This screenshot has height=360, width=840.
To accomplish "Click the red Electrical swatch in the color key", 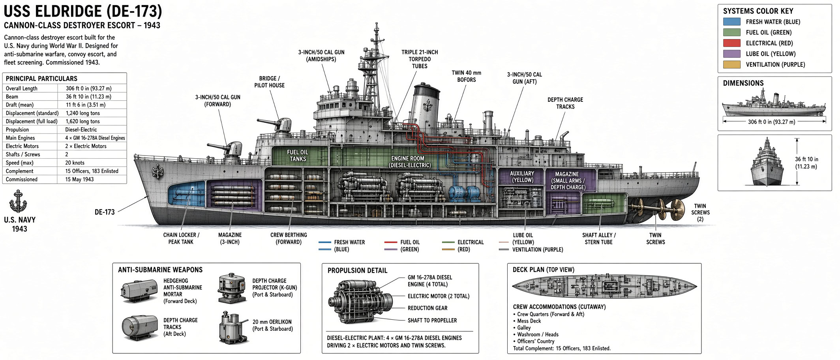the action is coord(731,43).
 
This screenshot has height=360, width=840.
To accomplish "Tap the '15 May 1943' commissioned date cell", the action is coord(79,179).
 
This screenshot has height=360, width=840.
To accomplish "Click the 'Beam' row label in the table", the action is coord(12,97).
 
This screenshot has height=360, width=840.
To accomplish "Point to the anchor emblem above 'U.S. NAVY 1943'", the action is coord(18,201).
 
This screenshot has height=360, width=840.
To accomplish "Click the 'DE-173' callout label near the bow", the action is coord(105,212).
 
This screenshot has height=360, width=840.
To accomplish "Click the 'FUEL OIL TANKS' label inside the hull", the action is coord(298,156).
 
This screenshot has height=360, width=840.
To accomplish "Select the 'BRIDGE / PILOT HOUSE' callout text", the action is coord(269,82).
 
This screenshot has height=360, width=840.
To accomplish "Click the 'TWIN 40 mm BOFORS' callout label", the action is coord(466,76).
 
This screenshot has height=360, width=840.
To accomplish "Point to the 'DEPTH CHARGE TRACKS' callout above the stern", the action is coord(565,103).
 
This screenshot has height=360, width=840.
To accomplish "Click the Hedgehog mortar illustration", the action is coord(139,291).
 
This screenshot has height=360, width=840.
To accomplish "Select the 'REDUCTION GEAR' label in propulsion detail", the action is coord(427,308).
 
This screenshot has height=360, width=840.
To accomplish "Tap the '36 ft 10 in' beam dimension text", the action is coord(806,163).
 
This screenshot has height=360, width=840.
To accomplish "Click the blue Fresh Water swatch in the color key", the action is coord(731,22).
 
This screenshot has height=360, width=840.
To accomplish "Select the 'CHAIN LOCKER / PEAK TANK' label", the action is coord(181,238).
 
